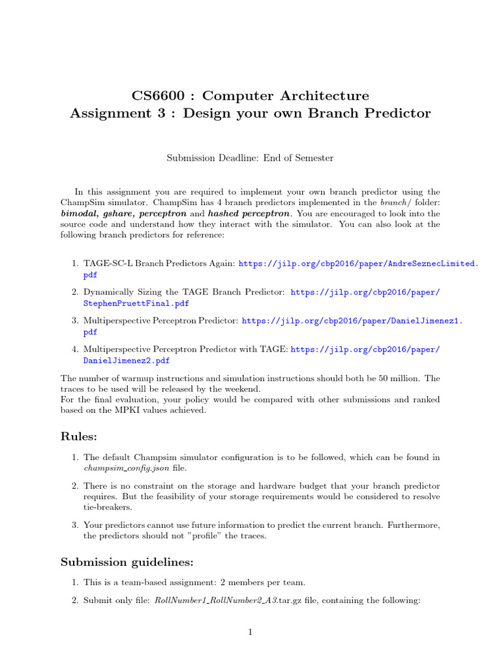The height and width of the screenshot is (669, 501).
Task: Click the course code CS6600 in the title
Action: (x=159, y=96)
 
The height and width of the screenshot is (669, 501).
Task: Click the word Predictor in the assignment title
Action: (x=397, y=113)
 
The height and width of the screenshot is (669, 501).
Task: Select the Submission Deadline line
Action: (x=250, y=157)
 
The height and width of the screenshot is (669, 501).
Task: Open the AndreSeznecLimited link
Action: (x=359, y=263)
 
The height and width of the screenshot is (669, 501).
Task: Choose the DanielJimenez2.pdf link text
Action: (x=127, y=360)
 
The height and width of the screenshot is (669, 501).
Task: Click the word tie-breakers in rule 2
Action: (x=108, y=507)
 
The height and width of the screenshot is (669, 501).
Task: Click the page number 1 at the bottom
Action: (x=250, y=632)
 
